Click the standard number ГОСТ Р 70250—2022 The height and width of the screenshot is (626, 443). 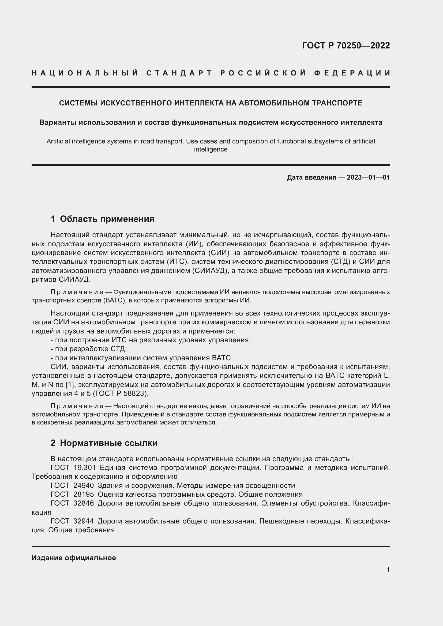click(346, 45)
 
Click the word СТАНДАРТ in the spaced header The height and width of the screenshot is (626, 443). click(179, 73)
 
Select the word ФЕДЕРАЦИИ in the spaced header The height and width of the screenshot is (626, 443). click(352, 73)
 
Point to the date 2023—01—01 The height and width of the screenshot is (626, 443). click(368, 177)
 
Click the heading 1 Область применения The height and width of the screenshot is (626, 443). click(102, 219)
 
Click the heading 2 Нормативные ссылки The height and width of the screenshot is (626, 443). click(104, 443)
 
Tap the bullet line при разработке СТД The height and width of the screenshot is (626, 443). click(89, 349)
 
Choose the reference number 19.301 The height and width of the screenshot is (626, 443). click(85, 468)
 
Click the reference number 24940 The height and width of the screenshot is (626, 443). click(84, 485)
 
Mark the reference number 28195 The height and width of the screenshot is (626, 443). click(84, 495)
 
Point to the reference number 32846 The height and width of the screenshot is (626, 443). click(84, 503)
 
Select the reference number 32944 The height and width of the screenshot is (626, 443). click(84, 521)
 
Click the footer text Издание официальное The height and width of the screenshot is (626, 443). click(74, 558)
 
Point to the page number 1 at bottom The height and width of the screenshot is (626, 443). click(388, 569)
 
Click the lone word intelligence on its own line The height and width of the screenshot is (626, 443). click(211, 149)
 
